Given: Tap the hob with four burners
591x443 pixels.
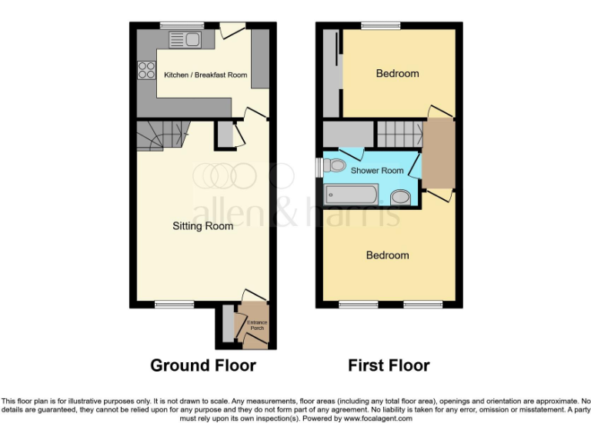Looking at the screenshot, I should (145, 70).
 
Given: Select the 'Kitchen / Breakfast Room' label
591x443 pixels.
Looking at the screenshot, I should (205, 75).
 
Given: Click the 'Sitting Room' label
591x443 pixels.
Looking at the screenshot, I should (202, 226).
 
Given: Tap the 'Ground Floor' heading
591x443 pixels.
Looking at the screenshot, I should (203, 365).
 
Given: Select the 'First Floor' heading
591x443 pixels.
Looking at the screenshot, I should (389, 365).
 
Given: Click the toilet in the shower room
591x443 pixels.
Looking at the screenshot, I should (334, 165).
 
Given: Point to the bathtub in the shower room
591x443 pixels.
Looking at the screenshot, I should (351, 195).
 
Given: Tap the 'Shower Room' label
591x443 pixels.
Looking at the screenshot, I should (377, 171).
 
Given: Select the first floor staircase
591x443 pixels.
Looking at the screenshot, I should (399, 135).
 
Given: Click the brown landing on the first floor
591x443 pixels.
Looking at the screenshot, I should (439, 153).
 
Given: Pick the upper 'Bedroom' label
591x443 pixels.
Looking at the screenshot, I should (397, 74).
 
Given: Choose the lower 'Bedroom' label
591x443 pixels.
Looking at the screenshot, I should (387, 255).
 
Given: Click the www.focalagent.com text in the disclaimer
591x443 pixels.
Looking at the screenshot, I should (378, 418).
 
